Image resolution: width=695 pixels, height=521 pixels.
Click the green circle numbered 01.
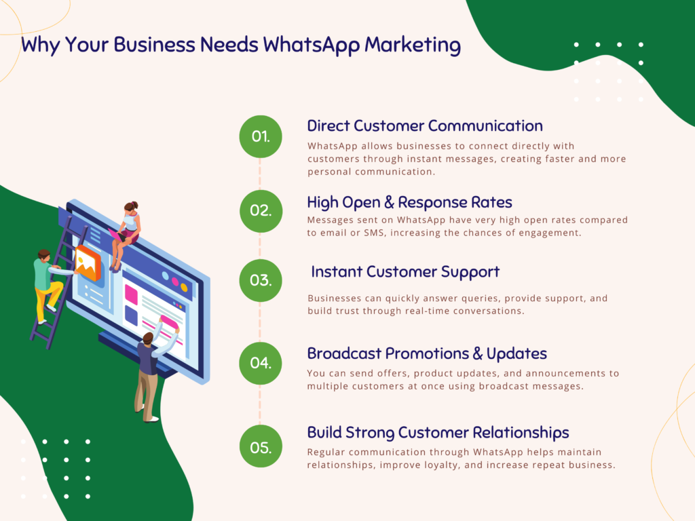(261, 136)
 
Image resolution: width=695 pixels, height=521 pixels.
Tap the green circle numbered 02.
(261, 211)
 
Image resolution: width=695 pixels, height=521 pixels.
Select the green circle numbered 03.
(261, 280)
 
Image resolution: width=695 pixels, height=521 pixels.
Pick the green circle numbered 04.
(261, 364)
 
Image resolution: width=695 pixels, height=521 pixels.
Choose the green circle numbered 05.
(261, 446)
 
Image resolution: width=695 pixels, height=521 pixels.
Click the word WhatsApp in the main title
(311, 45)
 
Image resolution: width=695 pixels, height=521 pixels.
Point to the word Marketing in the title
(413, 45)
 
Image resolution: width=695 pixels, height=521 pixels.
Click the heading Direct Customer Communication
(425, 126)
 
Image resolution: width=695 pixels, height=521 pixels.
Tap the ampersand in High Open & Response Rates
(389, 202)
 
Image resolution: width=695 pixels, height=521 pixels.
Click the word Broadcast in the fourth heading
(344, 353)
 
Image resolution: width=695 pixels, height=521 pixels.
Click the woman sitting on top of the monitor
(126, 235)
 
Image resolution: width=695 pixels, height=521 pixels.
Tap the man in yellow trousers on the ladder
(50, 286)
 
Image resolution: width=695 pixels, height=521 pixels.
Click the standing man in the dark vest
(153, 370)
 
